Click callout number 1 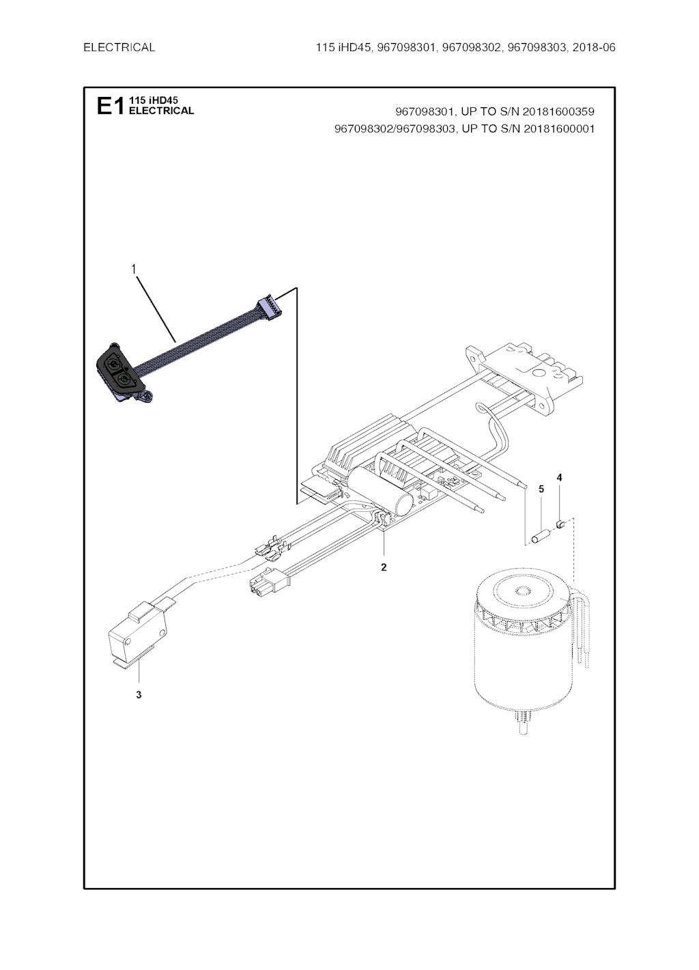click(x=134, y=270)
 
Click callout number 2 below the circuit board click(x=384, y=567)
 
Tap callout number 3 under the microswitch click(x=139, y=695)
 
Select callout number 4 click(x=560, y=477)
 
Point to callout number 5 click(x=541, y=489)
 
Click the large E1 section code click(x=111, y=106)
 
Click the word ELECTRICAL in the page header click(x=119, y=47)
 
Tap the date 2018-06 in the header click(x=594, y=47)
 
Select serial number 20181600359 click(x=558, y=112)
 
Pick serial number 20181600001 click(x=558, y=129)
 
